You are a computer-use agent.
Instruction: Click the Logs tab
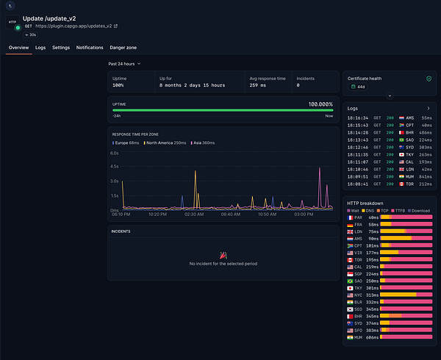40,47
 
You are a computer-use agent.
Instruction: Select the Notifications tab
90,47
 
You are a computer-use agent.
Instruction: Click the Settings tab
61,47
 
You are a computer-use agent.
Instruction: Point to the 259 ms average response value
259,85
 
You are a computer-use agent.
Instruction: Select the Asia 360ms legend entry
203,143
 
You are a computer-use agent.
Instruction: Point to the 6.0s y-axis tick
115,154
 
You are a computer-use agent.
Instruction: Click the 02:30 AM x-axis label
193,215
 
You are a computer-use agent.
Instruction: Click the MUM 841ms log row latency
424,176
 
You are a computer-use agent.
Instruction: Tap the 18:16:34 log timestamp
358,117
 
